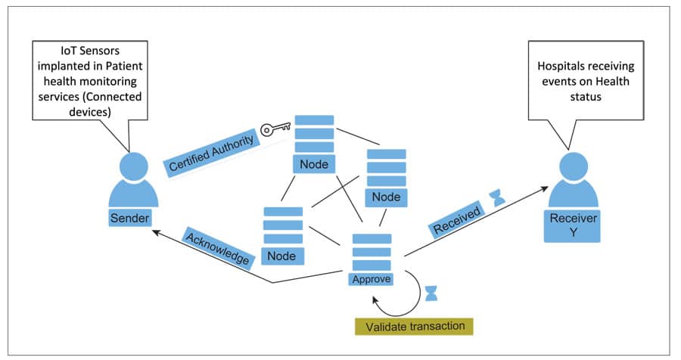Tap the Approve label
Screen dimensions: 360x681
tap(372, 278)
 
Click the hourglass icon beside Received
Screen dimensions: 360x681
tap(496, 197)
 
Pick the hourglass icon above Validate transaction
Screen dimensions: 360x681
tap(431, 293)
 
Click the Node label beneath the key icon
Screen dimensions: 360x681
tap(314, 164)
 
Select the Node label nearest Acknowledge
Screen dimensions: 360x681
tap(282, 256)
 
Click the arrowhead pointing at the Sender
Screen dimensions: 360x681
tap(154, 232)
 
